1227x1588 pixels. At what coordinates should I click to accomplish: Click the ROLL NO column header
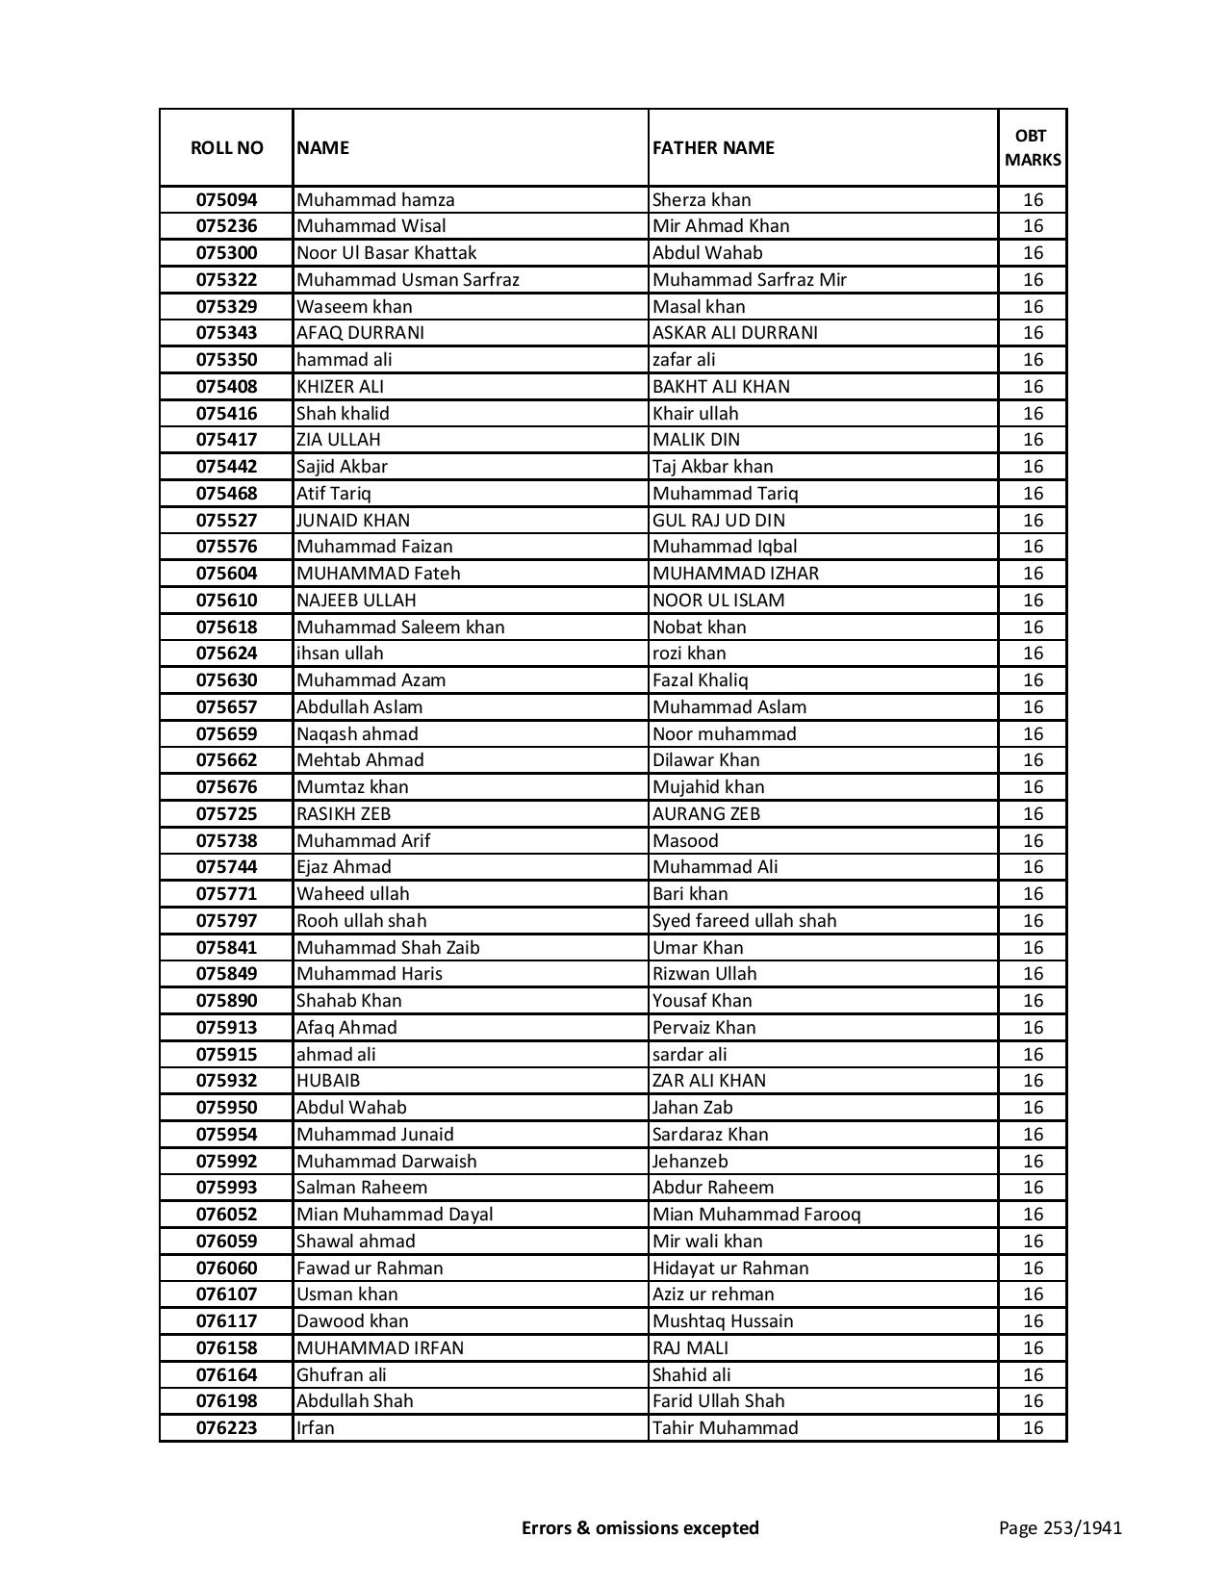click(226, 147)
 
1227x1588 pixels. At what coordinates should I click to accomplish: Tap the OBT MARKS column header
click(1033, 147)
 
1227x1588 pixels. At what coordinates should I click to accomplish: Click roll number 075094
click(226, 200)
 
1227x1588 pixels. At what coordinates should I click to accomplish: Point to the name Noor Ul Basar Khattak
click(386, 253)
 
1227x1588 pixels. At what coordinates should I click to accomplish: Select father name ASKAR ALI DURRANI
click(734, 333)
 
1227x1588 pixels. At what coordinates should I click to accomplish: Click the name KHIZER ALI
click(340, 387)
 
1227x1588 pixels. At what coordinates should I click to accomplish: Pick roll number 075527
click(226, 521)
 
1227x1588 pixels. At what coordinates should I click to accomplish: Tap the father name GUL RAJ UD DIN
click(718, 521)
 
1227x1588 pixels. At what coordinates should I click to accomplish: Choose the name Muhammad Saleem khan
click(400, 628)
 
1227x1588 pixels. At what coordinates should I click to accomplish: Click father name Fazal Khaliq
click(700, 680)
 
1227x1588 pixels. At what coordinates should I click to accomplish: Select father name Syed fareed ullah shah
click(744, 921)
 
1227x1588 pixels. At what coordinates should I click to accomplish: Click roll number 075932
click(226, 1081)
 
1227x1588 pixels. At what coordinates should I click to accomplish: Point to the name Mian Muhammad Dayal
click(395, 1215)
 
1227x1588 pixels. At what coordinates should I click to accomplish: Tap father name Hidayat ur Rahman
click(730, 1268)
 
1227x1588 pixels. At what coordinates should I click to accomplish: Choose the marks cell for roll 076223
click(1033, 1428)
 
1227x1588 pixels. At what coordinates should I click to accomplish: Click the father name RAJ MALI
click(690, 1348)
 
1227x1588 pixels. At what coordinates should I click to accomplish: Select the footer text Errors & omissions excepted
click(640, 1527)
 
